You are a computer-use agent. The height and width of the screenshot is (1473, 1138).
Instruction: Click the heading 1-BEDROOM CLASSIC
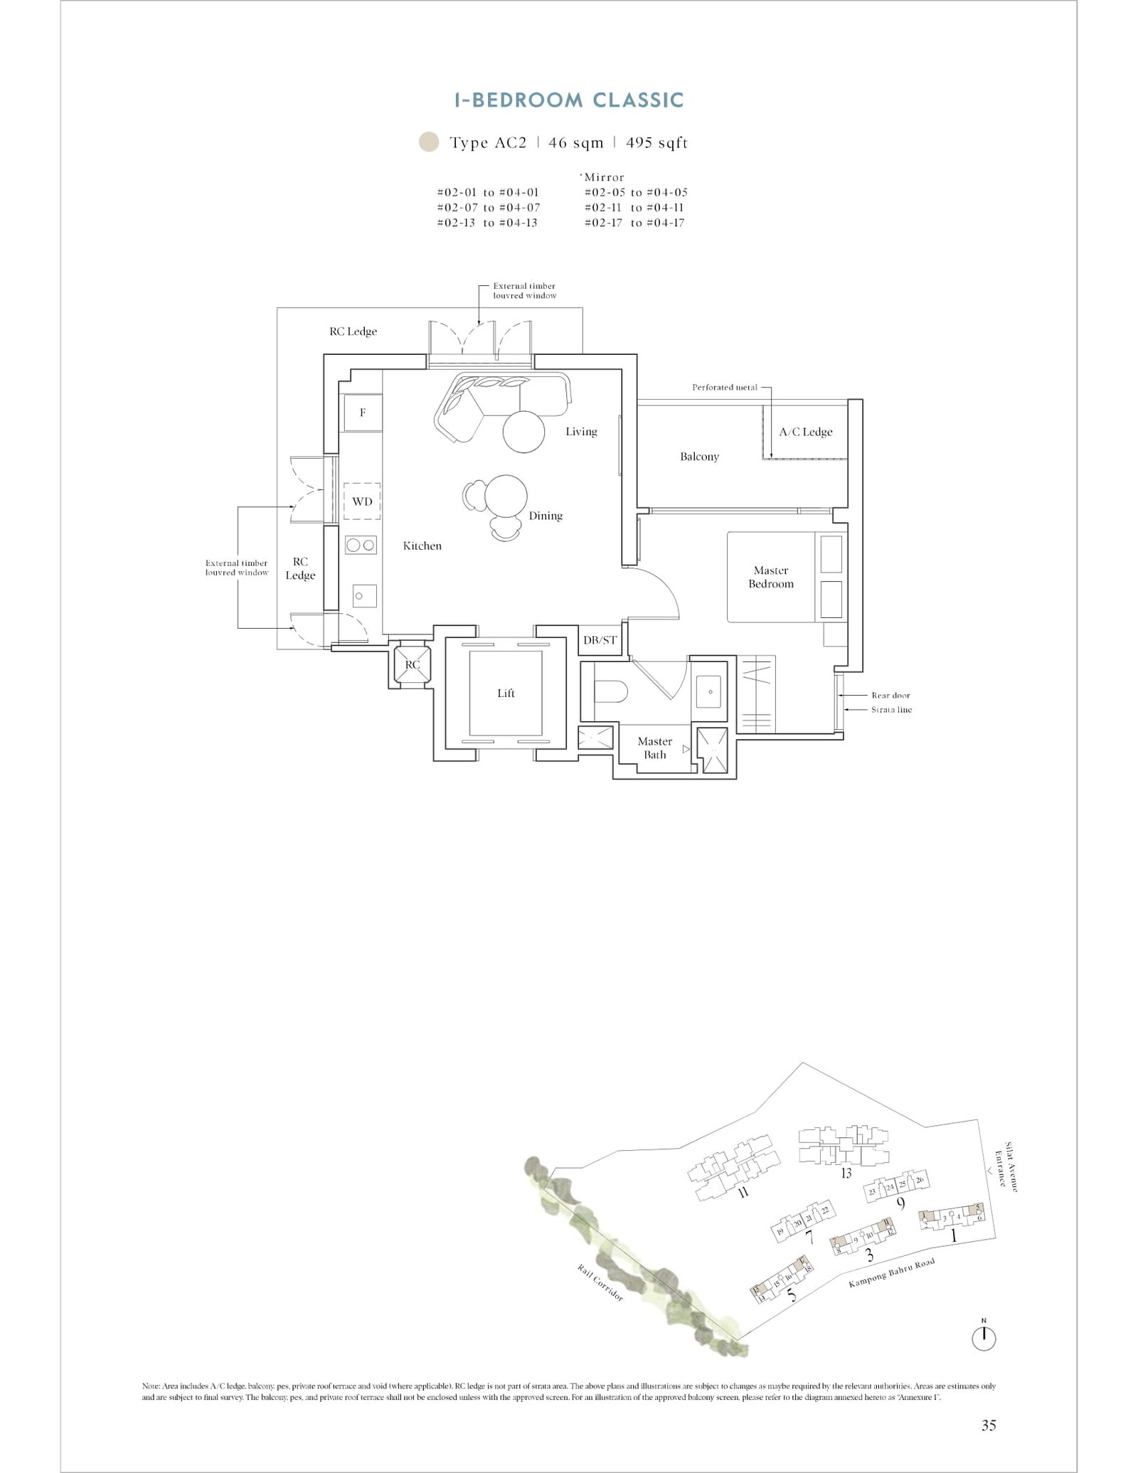[x=569, y=100]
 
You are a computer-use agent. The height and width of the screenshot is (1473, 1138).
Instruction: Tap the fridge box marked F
[x=363, y=413]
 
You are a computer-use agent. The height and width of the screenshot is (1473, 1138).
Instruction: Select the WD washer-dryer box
[x=362, y=501]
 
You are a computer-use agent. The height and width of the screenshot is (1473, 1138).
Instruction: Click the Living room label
[x=581, y=432]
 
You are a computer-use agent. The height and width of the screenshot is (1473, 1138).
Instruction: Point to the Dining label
[x=546, y=516]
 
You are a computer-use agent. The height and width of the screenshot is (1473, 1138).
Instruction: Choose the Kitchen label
[x=422, y=546]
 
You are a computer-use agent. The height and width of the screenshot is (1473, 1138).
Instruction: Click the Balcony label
[x=699, y=457]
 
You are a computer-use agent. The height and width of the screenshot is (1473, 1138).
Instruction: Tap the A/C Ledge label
[x=805, y=432]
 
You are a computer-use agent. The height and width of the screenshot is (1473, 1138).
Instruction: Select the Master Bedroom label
[x=771, y=577]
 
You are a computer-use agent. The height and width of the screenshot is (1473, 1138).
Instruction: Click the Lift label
[x=506, y=693]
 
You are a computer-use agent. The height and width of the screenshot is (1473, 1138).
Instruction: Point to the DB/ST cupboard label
[x=600, y=640]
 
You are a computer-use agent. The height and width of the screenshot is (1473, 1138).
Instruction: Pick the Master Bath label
[x=654, y=748]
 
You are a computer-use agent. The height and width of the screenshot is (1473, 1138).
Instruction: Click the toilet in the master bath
[x=610, y=691]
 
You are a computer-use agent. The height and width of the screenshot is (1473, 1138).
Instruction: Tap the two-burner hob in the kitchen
[x=361, y=546]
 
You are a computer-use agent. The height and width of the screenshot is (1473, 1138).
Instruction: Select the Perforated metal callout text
[x=725, y=388]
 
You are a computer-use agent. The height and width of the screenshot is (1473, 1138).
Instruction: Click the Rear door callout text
[x=890, y=696]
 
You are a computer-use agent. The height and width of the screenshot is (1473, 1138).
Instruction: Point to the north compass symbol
[x=984, y=1338]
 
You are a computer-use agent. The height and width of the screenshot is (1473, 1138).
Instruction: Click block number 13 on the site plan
[x=846, y=1173]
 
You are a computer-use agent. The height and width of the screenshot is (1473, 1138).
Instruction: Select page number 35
[x=989, y=1425]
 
